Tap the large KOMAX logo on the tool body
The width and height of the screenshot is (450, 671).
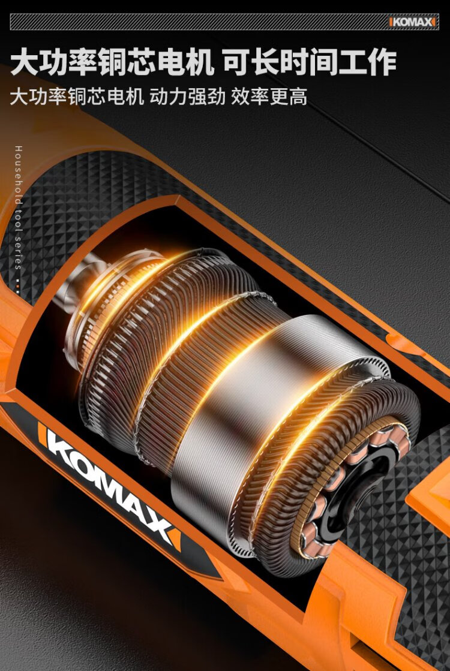(109, 485)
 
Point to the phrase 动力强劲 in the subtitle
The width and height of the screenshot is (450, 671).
(187, 97)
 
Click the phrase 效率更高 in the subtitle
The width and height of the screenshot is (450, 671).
(269, 97)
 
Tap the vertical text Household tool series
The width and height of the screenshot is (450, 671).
(18, 207)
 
